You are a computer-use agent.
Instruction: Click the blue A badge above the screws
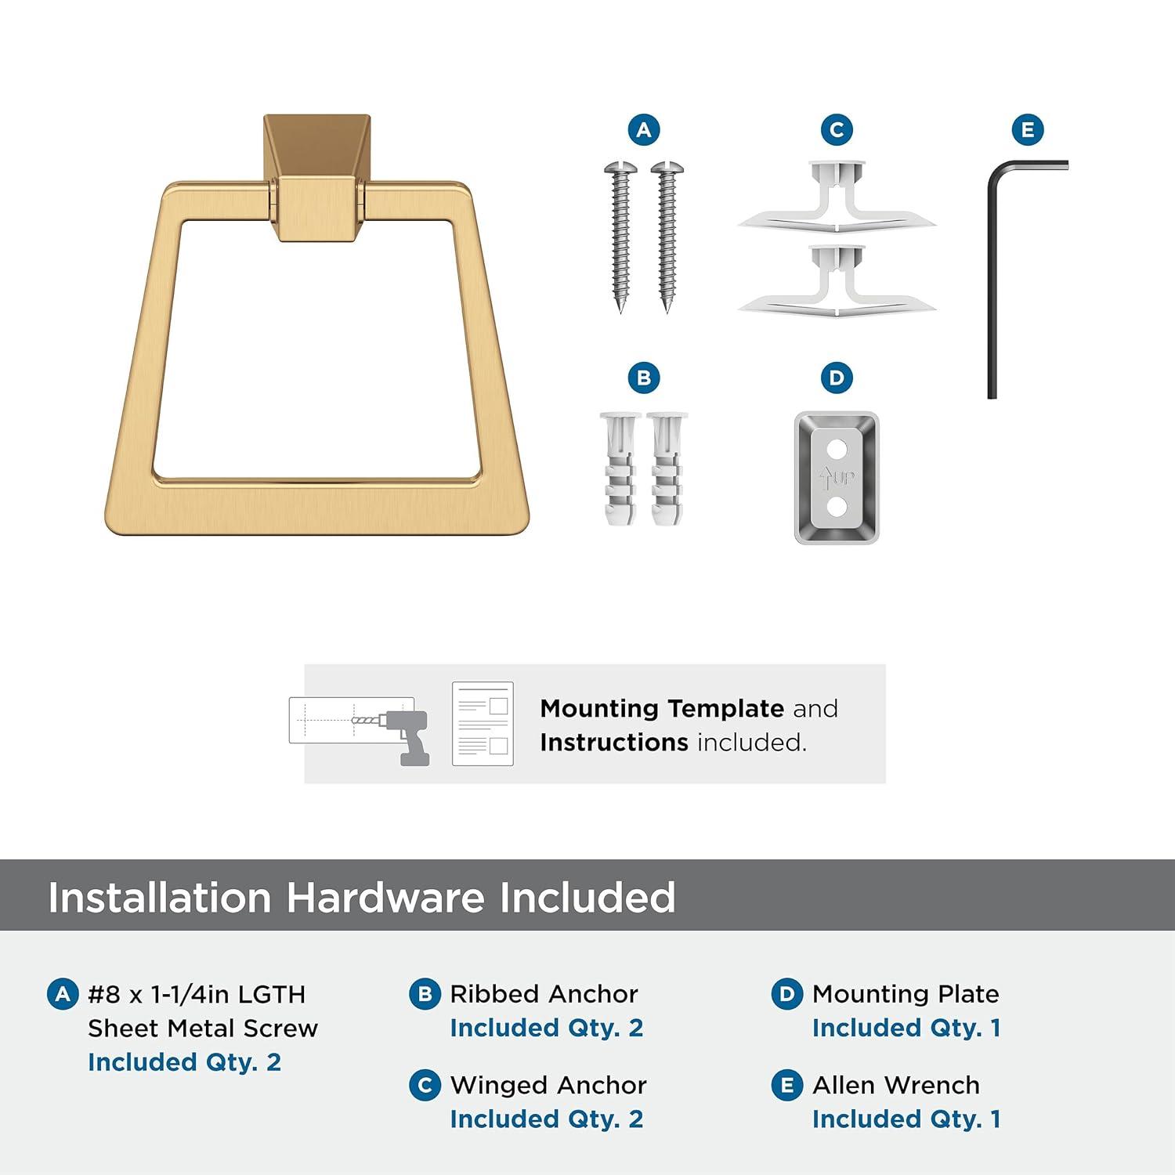coord(644,130)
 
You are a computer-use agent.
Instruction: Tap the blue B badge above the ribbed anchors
coord(644,378)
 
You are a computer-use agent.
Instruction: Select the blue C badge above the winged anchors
coord(837,130)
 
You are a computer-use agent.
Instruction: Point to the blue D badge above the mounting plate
coord(837,378)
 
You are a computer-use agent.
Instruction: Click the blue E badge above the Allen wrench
coord(1028,130)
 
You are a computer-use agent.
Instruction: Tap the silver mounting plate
coord(837,478)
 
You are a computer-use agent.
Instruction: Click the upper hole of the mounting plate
coord(837,450)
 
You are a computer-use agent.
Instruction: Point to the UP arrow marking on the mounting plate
coord(836,477)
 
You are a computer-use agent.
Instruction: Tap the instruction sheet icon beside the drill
coord(483,724)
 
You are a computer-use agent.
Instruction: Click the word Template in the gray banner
coord(727,709)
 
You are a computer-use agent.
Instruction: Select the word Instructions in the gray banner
coord(614,742)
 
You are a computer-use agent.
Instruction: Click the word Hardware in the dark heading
coord(385,897)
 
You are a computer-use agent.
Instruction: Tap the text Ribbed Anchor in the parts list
coord(544,994)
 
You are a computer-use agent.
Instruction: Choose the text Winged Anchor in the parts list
coord(548,1085)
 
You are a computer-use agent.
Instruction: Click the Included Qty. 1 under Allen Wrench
coord(906,1119)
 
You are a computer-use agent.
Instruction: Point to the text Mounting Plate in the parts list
coord(906,994)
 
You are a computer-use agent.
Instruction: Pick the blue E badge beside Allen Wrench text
coord(787,1086)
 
